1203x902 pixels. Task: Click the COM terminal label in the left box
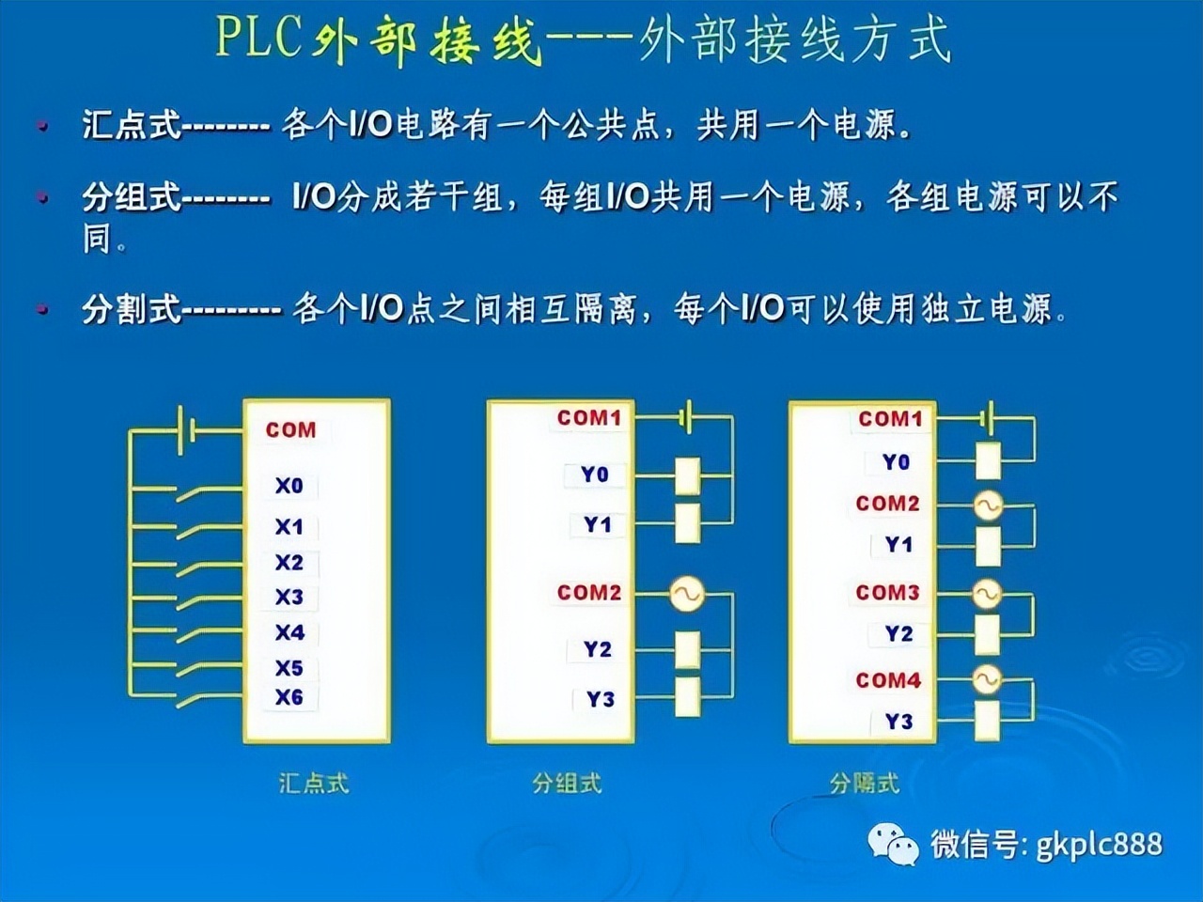pos(290,429)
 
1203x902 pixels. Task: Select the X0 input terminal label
pos(289,486)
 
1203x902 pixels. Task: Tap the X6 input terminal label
pos(289,697)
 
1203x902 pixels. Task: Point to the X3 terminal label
pos(289,597)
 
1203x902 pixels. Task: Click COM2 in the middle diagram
pos(589,592)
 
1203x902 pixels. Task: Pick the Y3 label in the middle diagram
pos(600,699)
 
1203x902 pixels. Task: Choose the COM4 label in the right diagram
pos(888,679)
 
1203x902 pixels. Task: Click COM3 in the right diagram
pos(887,592)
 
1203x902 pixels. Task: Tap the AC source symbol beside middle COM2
pos(687,593)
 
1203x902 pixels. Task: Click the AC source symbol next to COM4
pos(986,679)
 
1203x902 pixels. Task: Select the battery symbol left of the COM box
pos(186,429)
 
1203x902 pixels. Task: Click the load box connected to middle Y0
pos(688,475)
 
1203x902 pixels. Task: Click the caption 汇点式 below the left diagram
pos(314,783)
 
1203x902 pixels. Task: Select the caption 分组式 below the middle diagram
pos(567,783)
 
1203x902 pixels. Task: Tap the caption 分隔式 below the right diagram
pos(865,783)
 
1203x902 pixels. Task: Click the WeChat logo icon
pos(893,844)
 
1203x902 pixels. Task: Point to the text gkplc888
pos(1099,844)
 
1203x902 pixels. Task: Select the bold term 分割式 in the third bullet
pos(131,307)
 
